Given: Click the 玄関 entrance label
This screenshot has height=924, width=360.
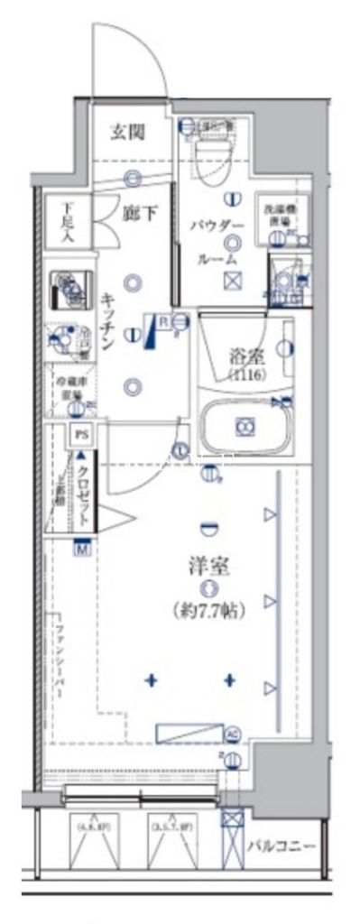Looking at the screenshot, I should point(128,132).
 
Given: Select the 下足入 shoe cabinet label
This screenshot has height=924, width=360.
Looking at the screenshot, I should point(68,220).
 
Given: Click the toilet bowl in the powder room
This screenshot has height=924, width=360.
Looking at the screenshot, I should point(213,153).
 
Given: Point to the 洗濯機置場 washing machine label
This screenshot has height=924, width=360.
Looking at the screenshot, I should point(277,214).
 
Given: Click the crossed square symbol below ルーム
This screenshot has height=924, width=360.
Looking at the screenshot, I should point(232,279).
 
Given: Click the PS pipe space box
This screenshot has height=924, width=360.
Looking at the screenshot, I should point(82,433).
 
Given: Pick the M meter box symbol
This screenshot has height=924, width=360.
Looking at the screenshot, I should point(83,548).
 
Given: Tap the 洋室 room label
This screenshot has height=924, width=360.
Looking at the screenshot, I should point(208,568).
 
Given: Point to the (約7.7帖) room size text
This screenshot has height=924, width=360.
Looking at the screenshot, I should point(208,610).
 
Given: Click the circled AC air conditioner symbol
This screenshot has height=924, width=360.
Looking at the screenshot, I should point(232,734).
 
